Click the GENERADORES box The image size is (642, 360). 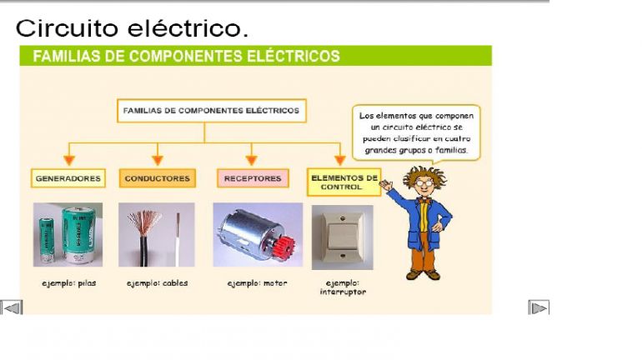[x=68, y=178]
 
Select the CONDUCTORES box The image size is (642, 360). [x=158, y=178]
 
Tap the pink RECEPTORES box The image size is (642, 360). [x=253, y=178]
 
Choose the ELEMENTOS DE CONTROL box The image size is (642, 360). [x=344, y=182]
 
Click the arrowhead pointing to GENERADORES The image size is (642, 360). [x=68, y=160]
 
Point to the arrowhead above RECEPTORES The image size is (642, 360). [x=252, y=160]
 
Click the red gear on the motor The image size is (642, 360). [x=283, y=247]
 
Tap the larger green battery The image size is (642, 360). [x=78, y=235]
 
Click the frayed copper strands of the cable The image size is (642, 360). [x=142, y=222]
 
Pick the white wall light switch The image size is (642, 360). [x=343, y=237]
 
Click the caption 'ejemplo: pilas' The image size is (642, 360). [x=68, y=283]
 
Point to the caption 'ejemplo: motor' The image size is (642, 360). [x=257, y=283]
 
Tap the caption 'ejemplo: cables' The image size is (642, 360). [x=158, y=283]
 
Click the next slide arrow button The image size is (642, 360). [x=539, y=307]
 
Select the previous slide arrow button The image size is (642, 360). [x=12, y=307]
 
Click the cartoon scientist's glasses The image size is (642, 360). [x=424, y=182]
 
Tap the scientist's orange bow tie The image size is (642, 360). [x=425, y=201]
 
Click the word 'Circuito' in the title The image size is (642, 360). [x=68, y=27]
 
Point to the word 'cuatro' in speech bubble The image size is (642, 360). [x=458, y=138]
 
